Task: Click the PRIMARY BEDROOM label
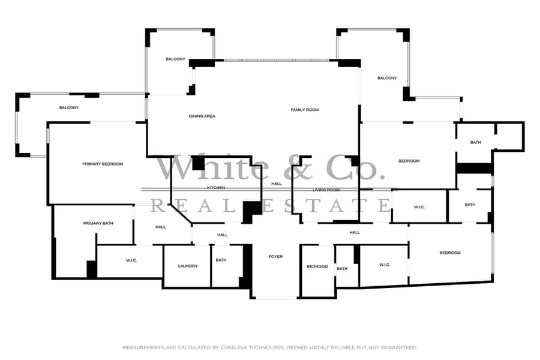click(x=103, y=164)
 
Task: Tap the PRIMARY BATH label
click(x=98, y=223)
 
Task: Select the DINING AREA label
click(x=202, y=116)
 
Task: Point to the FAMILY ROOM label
click(x=305, y=110)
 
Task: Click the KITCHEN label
click(x=216, y=188)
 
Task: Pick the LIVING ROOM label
click(x=326, y=190)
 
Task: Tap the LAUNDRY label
click(x=188, y=266)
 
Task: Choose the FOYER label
click(x=275, y=257)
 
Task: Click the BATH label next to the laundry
click(x=221, y=260)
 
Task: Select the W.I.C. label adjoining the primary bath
click(x=131, y=260)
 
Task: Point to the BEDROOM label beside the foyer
click(x=317, y=266)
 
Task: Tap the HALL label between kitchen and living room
click(x=277, y=184)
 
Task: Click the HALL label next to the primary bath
click(x=160, y=227)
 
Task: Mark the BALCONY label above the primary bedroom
click(x=69, y=108)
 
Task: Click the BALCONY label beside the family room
click(x=387, y=78)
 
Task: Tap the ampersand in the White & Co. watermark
click(x=302, y=169)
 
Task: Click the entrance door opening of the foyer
click(x=276, y=298)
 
